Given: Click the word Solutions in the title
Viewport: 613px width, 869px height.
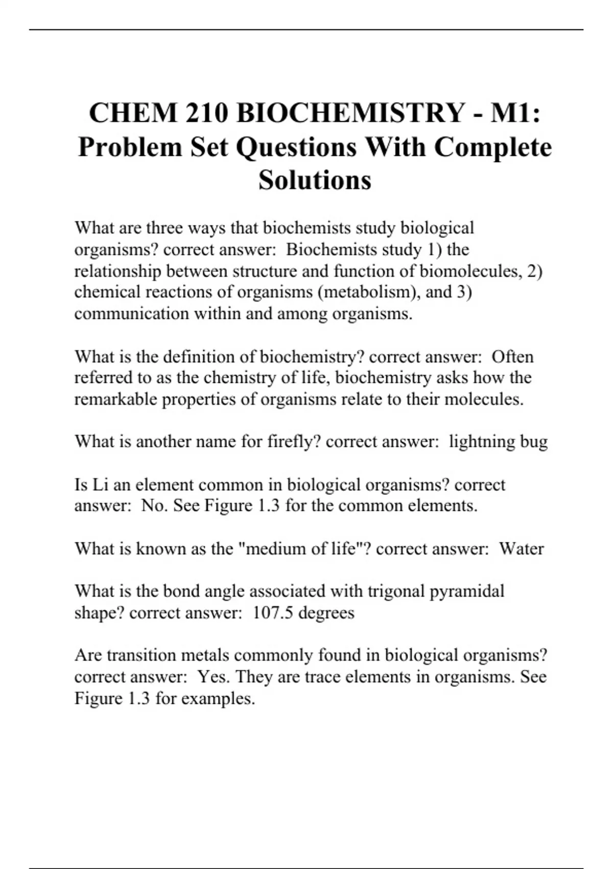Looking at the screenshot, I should pos(315,180).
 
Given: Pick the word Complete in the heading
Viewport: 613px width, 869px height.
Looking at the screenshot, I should pos(493,147).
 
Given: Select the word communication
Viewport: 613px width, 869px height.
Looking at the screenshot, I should pos(131,313).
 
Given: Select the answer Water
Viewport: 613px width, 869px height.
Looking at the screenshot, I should pos(521,548).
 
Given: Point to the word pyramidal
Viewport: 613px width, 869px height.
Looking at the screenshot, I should pos(467,591).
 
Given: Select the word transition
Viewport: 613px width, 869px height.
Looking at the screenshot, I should pos(141,655).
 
